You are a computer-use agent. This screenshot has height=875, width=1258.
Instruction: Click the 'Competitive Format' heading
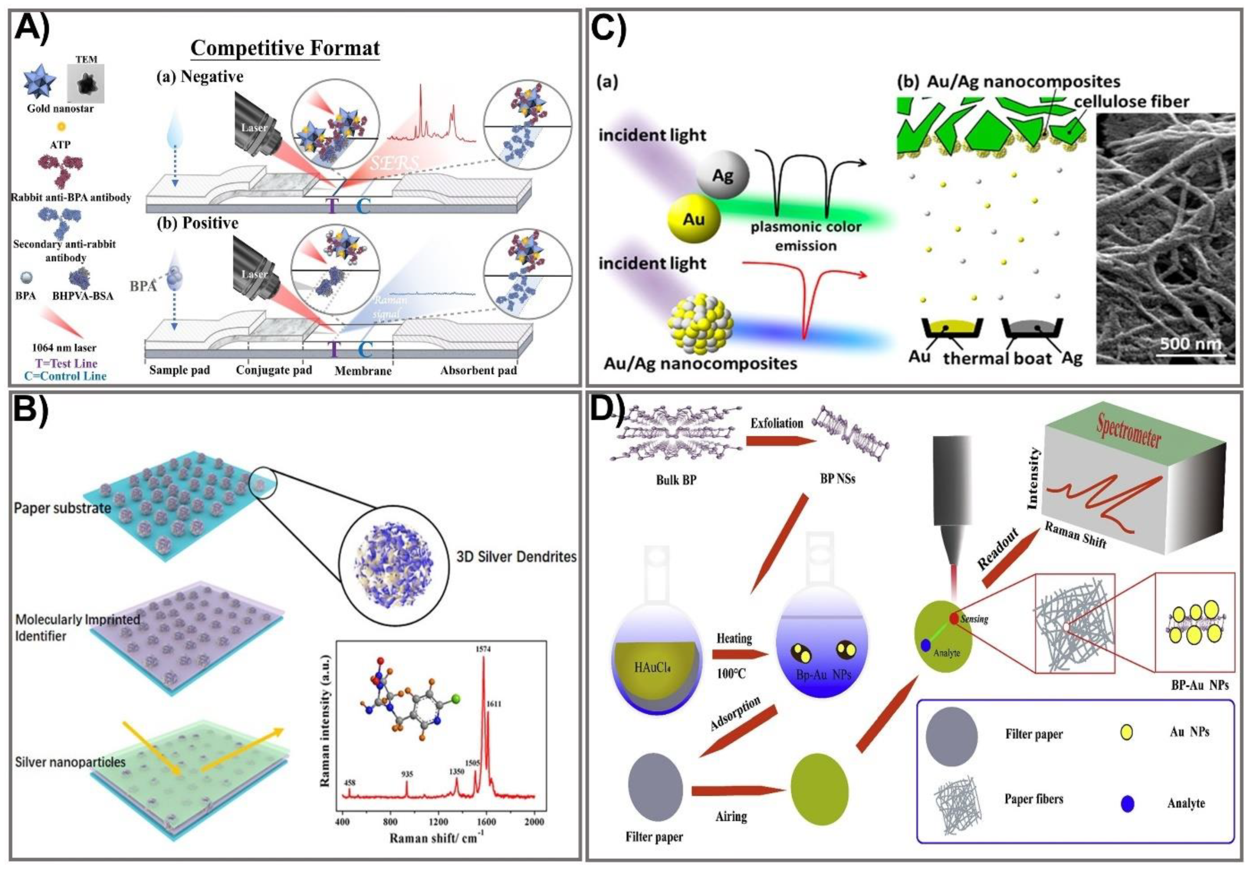285,48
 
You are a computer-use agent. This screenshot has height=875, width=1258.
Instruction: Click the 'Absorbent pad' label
478,370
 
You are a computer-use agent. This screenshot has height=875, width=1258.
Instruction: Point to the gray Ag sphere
722,175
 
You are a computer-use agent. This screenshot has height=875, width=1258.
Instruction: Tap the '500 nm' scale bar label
1190,343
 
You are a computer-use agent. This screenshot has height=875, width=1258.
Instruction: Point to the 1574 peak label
483,649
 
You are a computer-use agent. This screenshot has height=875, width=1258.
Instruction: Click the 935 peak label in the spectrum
407,774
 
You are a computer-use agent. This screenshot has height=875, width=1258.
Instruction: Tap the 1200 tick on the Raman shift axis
438,822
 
